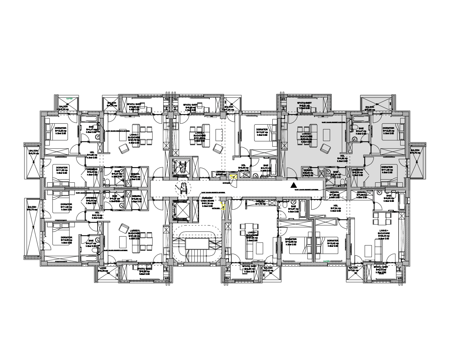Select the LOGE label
(103, 268)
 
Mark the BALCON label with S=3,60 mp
(370, 107)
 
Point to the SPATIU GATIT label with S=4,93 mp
(249, 268)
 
